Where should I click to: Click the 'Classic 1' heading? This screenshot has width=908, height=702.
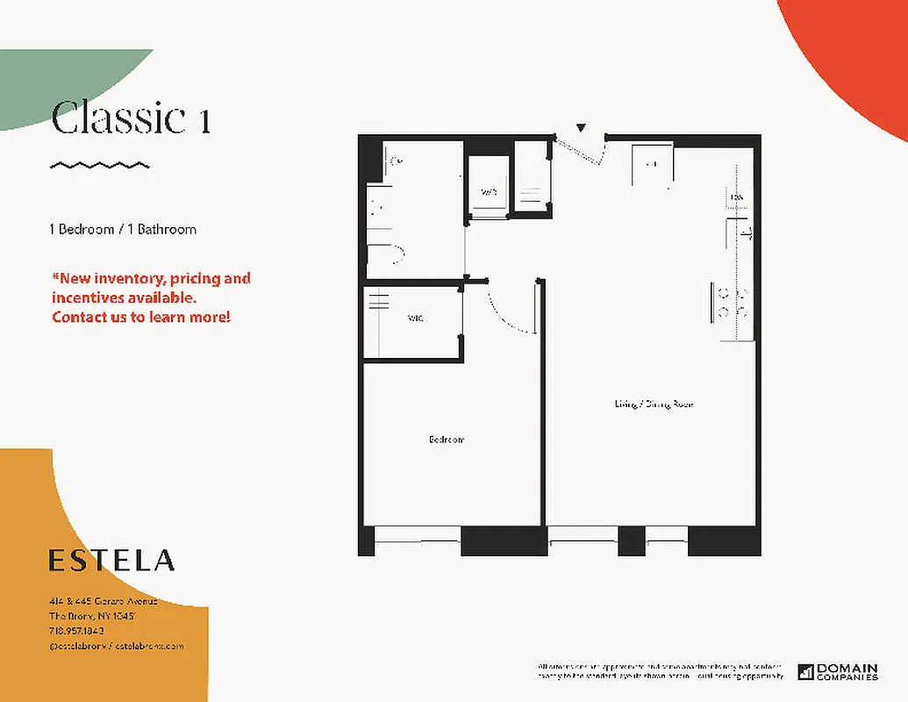point(131,118)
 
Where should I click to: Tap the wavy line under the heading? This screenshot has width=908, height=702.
point(99,165)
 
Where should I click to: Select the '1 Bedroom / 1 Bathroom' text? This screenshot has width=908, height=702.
point(123,229)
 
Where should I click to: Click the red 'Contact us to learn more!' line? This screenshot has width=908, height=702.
point(141,317)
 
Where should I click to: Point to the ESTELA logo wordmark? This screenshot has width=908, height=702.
point(111,560)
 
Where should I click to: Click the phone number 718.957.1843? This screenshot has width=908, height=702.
point(76,630)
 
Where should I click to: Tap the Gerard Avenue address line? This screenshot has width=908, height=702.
point(103,601)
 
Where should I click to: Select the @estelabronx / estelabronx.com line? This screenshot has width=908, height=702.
point(116,645)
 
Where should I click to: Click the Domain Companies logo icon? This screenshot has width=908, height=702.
point(805,672)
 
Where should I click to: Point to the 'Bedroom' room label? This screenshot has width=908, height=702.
point(447,440)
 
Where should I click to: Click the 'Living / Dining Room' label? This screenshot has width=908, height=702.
point(654,404)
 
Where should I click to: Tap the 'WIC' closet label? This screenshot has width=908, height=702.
point(416,319)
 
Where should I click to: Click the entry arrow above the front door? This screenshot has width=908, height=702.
point(580,129)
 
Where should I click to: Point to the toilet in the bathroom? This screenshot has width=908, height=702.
point(387,254)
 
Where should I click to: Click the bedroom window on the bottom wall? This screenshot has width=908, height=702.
point(417,539)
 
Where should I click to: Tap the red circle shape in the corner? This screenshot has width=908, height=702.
point(855,53)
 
